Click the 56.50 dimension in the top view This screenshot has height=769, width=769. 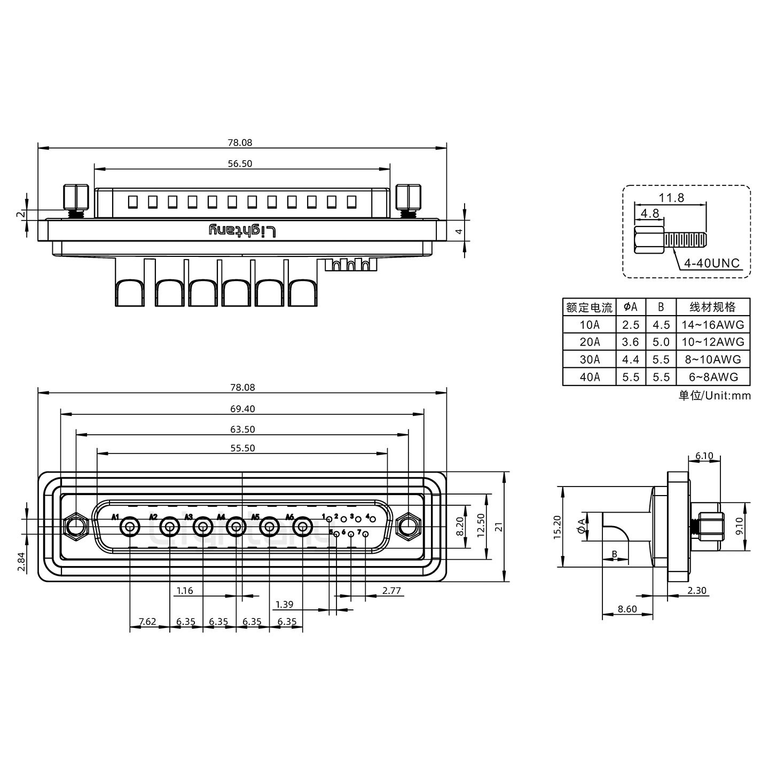pyautogui.click(x=240, y=164)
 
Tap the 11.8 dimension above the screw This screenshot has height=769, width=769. pyautogui.click(x=671, y=198)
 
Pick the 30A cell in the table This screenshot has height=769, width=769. pyautogui.click(x=590, y=359)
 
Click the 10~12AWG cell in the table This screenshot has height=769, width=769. pyautogui.click(x=712, y=342)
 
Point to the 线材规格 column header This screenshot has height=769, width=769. pyautogui.click(x=712, y=307)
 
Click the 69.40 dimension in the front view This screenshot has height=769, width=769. pyautogui.click(x=242, y=409)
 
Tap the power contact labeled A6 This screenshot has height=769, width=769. pyautogui.click(x=303, y=528)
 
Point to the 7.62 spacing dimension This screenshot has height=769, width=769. pyautogui.click(x=147, y=622)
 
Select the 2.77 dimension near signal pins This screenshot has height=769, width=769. pyautogui.click(x=391, y=591)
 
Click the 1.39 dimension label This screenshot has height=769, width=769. pyautogui.click(x=284, y=605)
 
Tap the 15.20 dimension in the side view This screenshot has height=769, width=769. pyautogui.click(x=557, y=527)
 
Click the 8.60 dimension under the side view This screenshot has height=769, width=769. pyautogui.click(x=627, y=609)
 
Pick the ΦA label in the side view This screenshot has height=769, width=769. pyautogui.click(x=580, y=527)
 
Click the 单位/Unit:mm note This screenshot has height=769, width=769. pyautogui.click(x=714, y=396)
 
